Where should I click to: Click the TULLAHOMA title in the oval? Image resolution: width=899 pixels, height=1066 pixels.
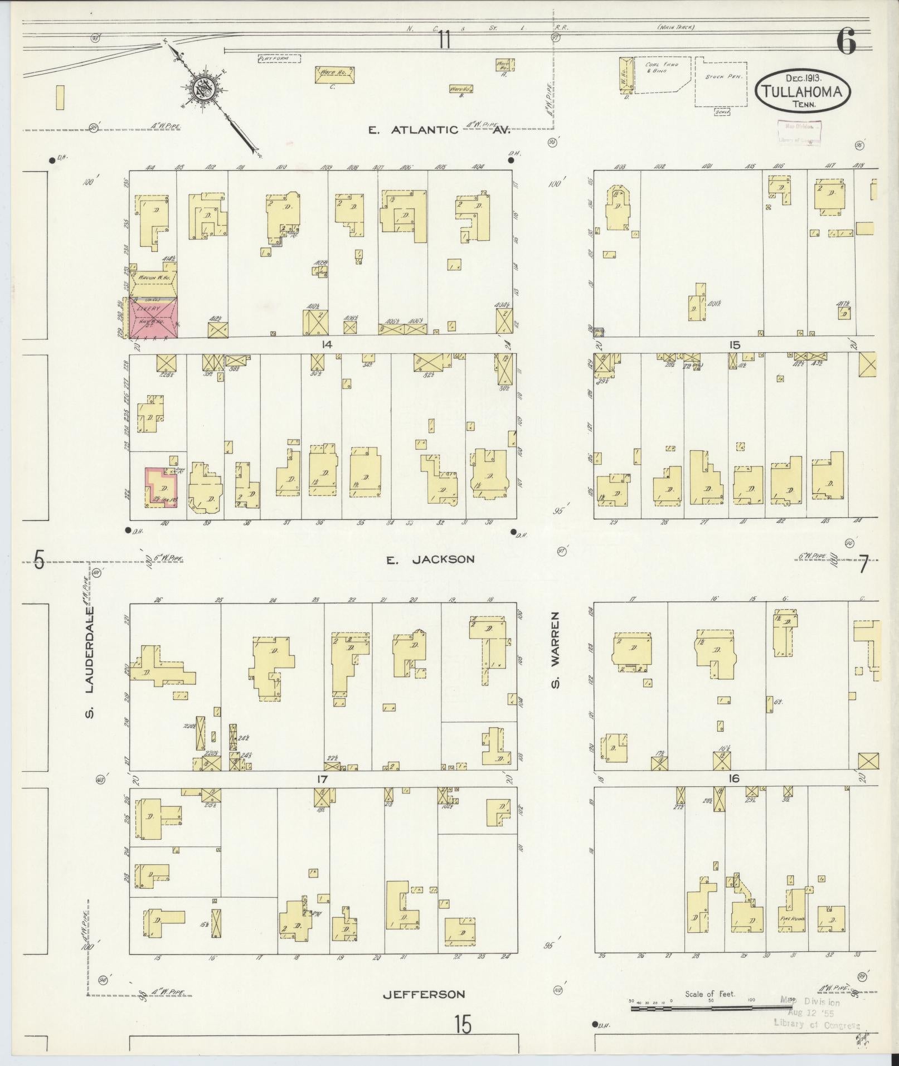tap(802, 91)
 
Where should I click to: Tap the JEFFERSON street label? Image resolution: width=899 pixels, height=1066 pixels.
tap(424, 994)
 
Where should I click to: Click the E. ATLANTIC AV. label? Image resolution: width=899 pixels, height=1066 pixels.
tap(439, 130)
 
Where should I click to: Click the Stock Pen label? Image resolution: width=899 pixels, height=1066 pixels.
tap(722, 77)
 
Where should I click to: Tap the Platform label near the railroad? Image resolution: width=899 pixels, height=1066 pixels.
tap(279, 58)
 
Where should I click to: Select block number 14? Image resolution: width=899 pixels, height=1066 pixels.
tap(327, 345)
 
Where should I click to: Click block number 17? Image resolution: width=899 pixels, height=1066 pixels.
tap(322, 779)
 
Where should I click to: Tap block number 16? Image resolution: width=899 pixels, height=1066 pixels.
tap(734, 778)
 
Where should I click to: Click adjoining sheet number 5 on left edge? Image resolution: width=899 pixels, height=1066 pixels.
tap(38, 560)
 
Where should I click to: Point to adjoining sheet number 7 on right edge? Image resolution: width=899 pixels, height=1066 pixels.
tap(863, 565)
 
